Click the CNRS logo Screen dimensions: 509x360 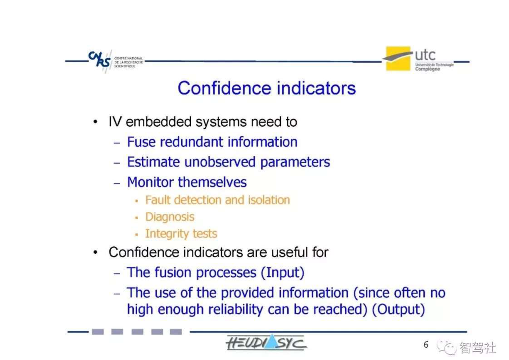116,61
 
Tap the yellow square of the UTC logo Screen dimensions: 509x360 398,59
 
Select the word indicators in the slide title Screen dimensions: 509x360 316,88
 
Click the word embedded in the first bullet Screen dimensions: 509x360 159,122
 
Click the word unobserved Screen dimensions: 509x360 220,162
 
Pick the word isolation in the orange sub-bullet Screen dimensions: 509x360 269,200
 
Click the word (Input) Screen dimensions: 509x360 283,273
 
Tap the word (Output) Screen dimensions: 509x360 398,310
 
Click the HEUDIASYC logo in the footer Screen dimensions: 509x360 266,342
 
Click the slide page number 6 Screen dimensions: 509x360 426,344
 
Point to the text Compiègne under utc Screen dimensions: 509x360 427,69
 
